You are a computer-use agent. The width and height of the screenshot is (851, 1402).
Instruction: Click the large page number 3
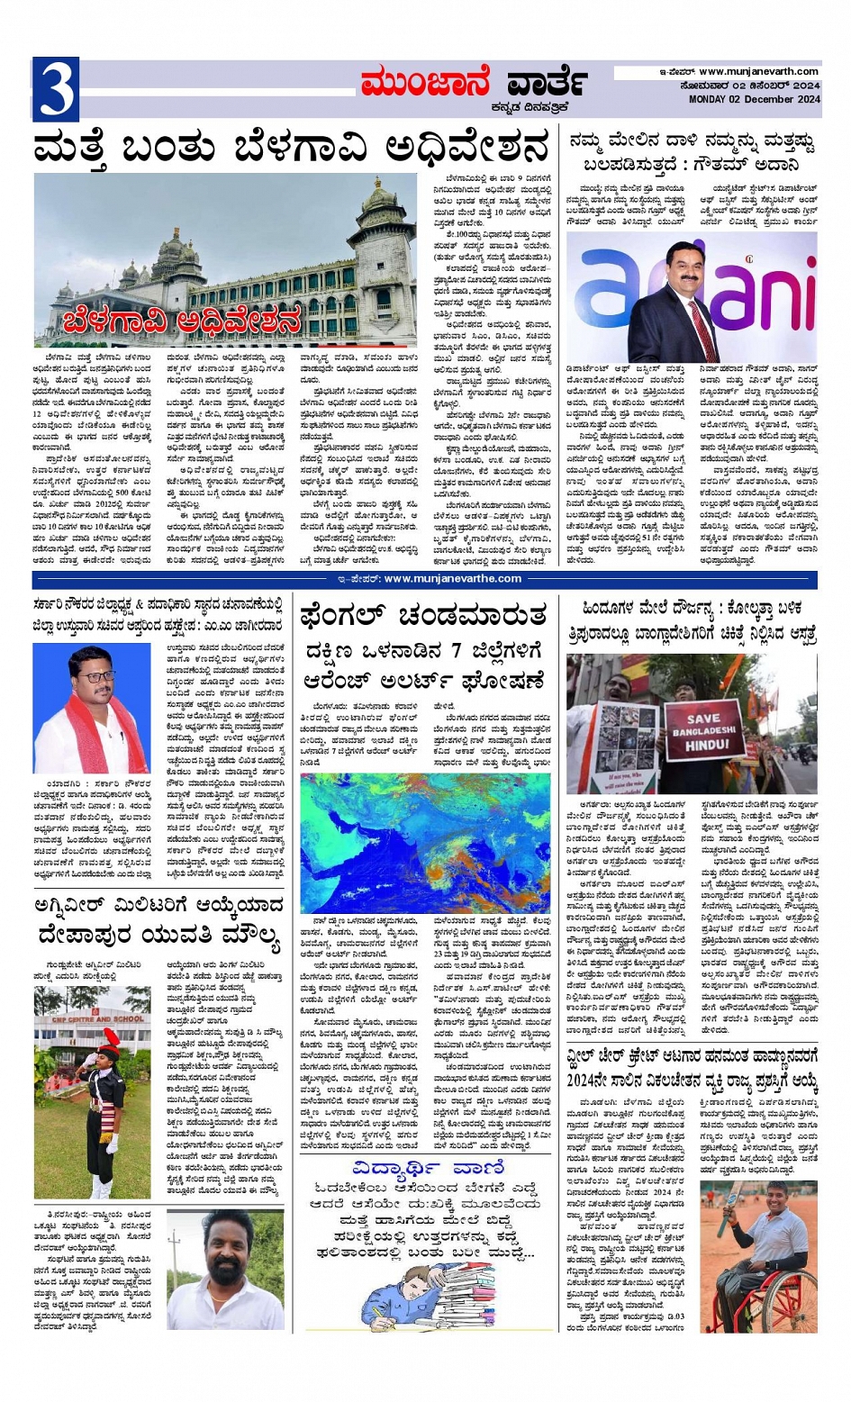point(56,89)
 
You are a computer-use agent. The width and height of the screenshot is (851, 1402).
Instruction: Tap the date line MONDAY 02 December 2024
point(755,100)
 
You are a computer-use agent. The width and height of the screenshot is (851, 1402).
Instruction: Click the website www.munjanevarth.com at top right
point(758,71)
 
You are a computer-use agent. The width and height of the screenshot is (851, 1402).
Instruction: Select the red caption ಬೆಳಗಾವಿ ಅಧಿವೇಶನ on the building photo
point(182,320)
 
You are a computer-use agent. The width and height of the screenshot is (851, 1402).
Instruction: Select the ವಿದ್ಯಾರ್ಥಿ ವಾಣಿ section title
point(429,1168)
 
